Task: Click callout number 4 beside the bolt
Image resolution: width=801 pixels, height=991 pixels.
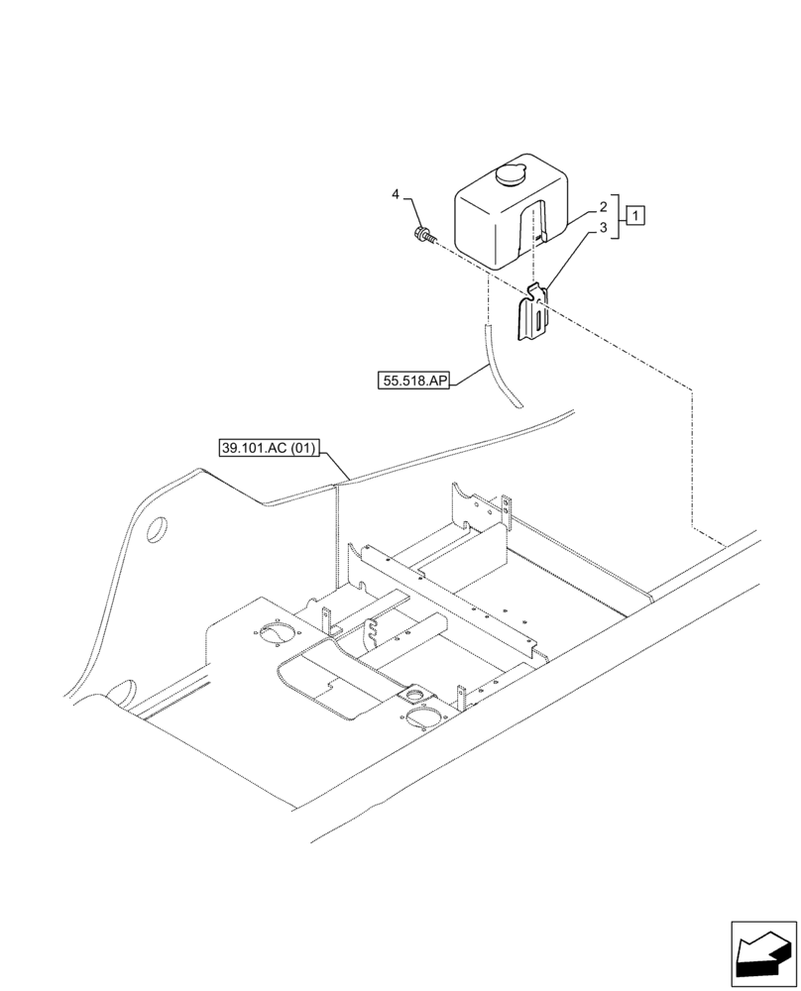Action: coord(396,195)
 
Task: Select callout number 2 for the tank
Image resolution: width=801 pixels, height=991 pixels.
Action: coord(602,209)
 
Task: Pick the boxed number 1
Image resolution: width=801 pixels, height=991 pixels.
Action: coord(635,215)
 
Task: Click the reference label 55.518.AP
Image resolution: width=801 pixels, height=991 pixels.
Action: coord(413,380)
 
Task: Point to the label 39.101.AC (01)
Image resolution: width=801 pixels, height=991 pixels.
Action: coord(269,449)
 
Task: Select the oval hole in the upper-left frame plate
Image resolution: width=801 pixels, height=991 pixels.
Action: coord(157,530)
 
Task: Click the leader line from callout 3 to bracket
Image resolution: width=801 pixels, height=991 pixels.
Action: coord(572,260)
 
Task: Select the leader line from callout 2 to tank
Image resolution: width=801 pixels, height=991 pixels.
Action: coord(580,217)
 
